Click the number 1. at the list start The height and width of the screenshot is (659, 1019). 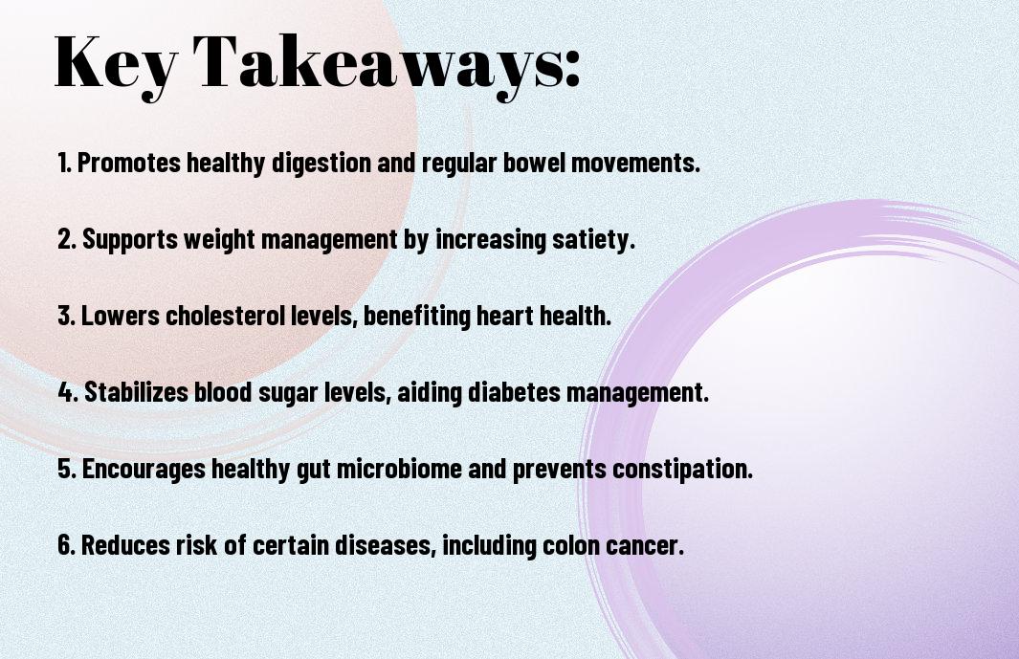tap(65, 163)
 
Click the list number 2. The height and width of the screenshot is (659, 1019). tap(67, 240)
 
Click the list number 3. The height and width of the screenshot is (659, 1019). tap(67, 316)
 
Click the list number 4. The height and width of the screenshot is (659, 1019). tap(69, 392)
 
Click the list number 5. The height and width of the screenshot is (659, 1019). tap(67, 470)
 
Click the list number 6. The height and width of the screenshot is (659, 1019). tap(67, 546)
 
